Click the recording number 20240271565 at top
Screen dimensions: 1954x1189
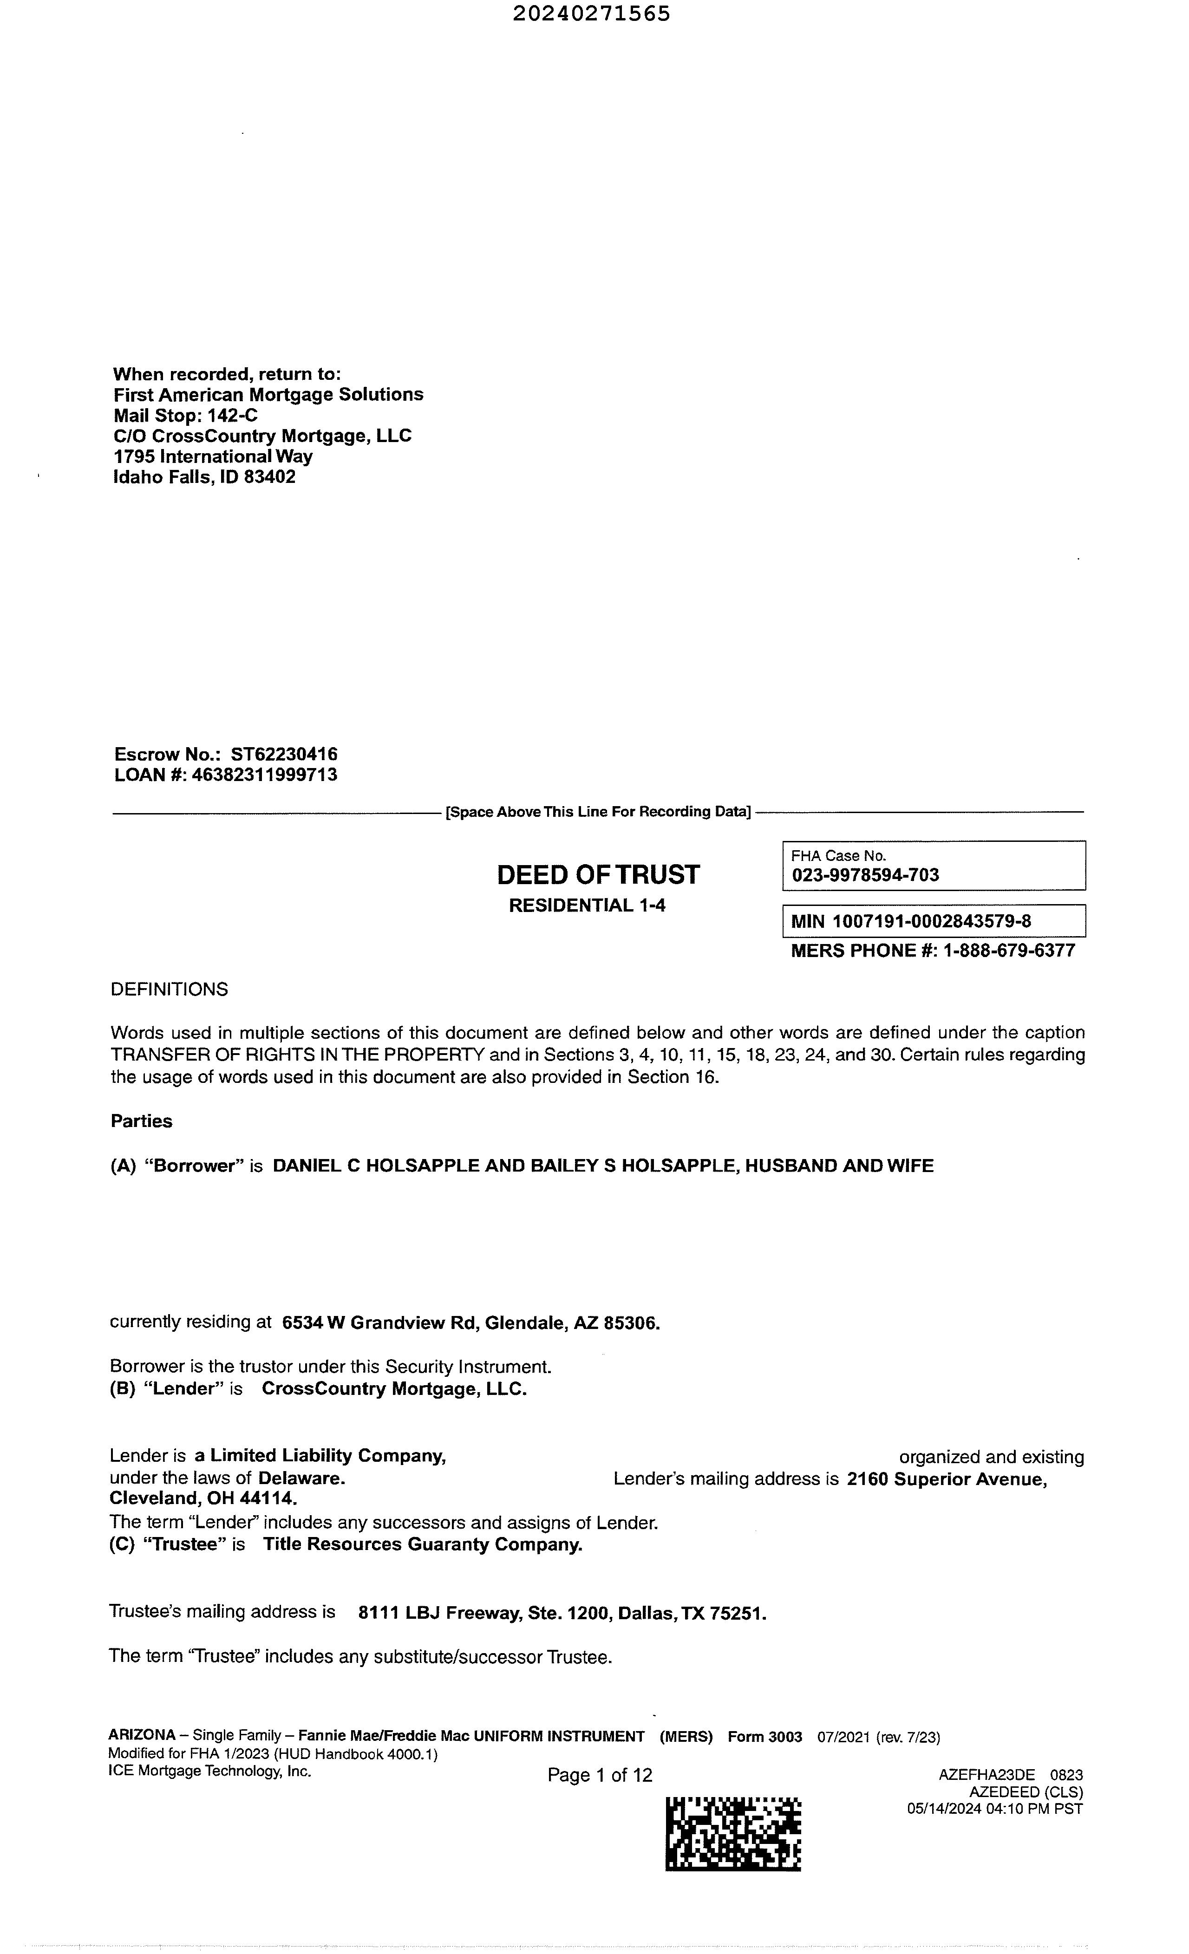tap(591, 13)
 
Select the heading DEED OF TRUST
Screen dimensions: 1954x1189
tap(598, 875)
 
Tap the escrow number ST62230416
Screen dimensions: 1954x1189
tap(284, 754)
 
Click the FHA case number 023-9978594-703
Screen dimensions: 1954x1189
tap(865, 875)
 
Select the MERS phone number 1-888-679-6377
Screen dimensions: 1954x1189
tap(1009, 951)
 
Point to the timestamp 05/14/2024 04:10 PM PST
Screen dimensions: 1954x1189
tap(995, 1809)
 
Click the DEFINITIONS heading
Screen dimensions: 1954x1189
tap(169, 990)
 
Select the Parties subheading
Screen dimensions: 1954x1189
tap(141, 1121)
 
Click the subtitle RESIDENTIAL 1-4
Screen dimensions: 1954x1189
tap(587, 905)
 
